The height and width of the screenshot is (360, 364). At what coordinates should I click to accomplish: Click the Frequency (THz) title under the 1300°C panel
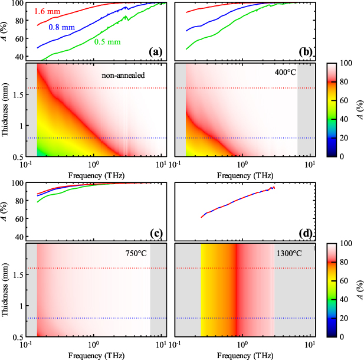click(x=245, y=355)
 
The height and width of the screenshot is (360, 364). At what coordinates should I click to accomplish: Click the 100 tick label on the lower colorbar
click(x=342, y=243)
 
